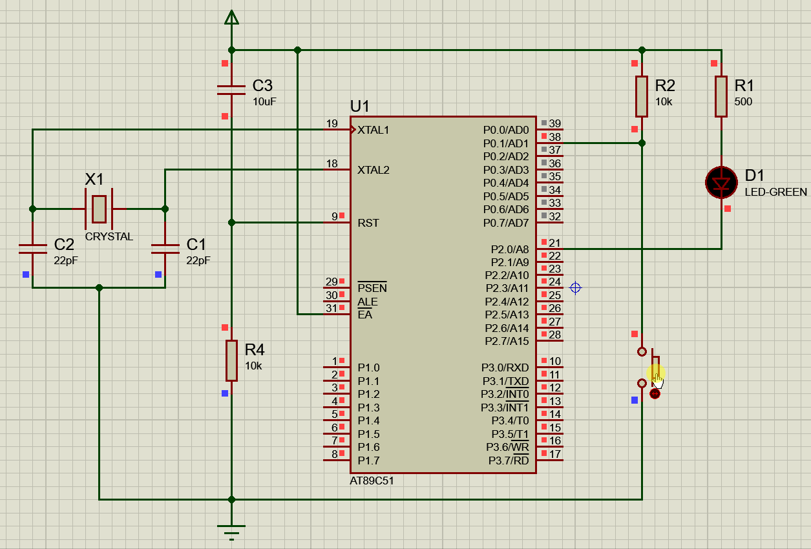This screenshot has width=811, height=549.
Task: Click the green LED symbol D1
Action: click(721, 183)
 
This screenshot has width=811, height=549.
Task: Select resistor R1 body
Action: click(721, 96)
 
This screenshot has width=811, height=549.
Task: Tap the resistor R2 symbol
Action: click(641, 96)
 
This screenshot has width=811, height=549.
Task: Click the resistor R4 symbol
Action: click(231, 360)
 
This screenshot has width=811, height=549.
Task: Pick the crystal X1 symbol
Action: click(99, 209)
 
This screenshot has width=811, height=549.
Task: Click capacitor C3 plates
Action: click(231, 90)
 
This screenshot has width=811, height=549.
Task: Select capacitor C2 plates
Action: click(32, 249)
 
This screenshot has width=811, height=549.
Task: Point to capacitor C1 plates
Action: click(165, 249)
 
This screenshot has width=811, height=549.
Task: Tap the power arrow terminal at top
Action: click(231, 17)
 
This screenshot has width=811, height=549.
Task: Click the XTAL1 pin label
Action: click(374, 130)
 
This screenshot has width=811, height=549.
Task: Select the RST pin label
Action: click(368, 223)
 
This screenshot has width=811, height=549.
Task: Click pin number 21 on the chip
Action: click(554, 243)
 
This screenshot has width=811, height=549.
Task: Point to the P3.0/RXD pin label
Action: click(505, 368)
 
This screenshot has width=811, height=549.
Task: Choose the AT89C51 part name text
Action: click(372, 481)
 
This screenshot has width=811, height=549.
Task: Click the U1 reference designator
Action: click(360, 107)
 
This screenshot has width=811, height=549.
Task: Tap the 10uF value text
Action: click(264, 101)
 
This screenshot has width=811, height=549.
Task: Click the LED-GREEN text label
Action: click(775, 192)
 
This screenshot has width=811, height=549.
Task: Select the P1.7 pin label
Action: click(368, 461)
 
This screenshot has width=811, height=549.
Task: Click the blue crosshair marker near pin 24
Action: click(575, 287)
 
